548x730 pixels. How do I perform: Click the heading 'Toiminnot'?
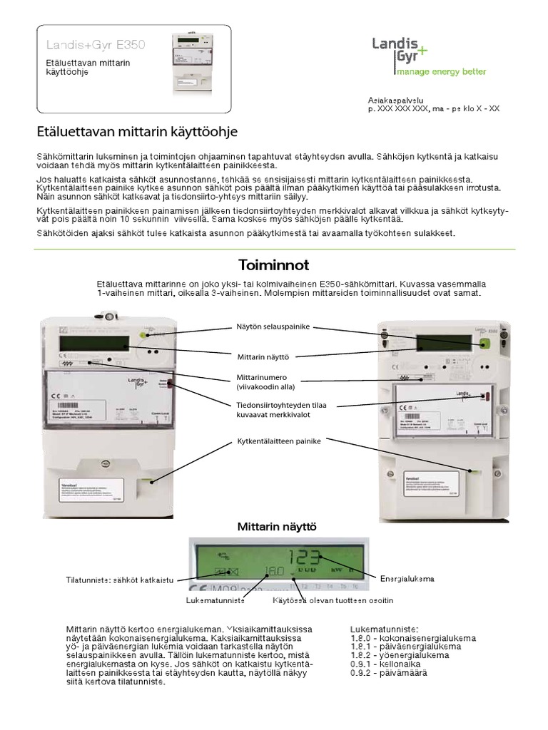click(273, 265)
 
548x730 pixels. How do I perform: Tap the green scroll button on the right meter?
click(485, 344)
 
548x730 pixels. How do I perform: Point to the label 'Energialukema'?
click(407, 577)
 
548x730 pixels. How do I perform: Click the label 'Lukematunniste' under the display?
click(215, 601)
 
